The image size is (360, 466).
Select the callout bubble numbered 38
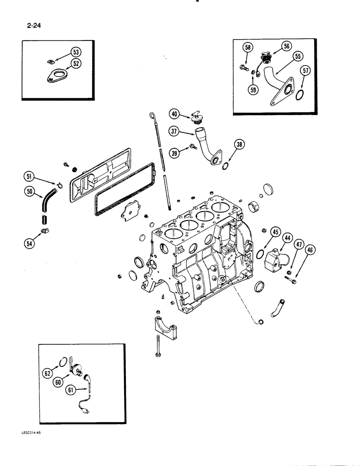(x=239, y=145)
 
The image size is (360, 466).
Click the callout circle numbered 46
(x=309, y=251)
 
